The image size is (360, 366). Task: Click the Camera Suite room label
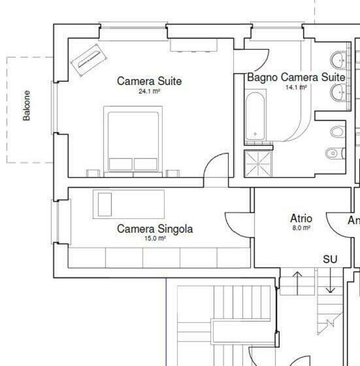click(149, 81)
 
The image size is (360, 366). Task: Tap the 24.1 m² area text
click(149, 92)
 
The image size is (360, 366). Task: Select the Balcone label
click(27, 105)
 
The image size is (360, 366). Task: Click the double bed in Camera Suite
click(133, 141)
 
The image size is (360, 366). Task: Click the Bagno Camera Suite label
click(295, 77)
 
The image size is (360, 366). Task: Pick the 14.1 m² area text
click(295, 87)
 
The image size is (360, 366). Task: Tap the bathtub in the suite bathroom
click(255, 118)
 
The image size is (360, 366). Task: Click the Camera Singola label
click(155, 229)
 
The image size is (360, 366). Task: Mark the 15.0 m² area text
click(155, 239)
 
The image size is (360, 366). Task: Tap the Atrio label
click(301, 218)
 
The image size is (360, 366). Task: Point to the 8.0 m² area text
click(301, 228)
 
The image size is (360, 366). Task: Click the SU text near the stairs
click(330, 259)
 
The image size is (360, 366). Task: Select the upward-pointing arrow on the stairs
click(297, 282)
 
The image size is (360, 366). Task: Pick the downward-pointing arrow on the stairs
click(331, 282)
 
